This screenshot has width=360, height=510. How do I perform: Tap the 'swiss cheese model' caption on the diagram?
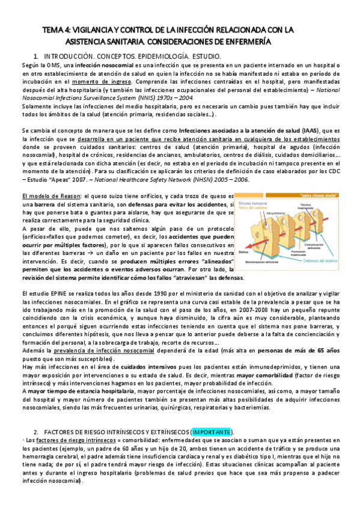315,197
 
